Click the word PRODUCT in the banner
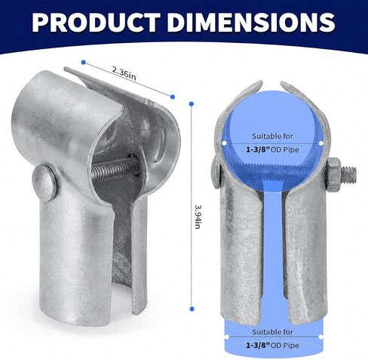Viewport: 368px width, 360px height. point(96,22)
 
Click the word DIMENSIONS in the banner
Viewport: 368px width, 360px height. point(252,22)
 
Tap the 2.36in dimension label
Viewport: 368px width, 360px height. point(124,74)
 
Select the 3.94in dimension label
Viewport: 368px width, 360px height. point(198,217)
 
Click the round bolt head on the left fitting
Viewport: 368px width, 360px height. point(45,183)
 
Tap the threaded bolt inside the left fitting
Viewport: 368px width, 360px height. point(115,167)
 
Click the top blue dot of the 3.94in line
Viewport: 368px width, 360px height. point(192,103)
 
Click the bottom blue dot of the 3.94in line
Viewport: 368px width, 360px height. point(192,309)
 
